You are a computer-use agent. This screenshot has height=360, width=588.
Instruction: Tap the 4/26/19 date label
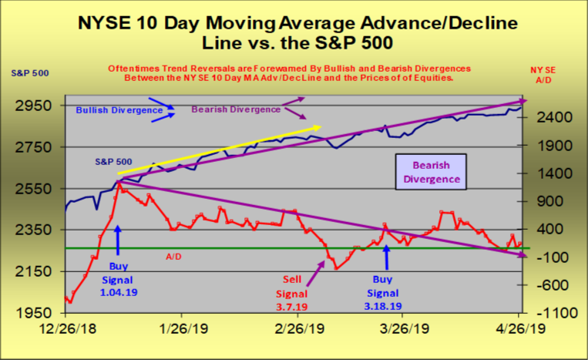click(519, 328)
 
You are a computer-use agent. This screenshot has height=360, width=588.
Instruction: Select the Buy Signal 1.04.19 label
click(117, 275)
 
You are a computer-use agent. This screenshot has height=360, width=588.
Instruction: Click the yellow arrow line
click(220, 150)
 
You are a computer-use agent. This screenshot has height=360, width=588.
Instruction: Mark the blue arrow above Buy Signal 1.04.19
click(117, 239)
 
